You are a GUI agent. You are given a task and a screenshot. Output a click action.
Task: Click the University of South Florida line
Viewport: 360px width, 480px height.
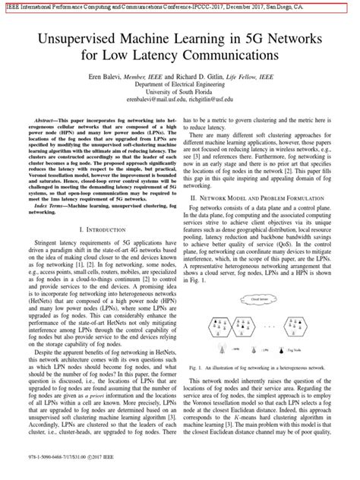(x=180, y=95)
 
